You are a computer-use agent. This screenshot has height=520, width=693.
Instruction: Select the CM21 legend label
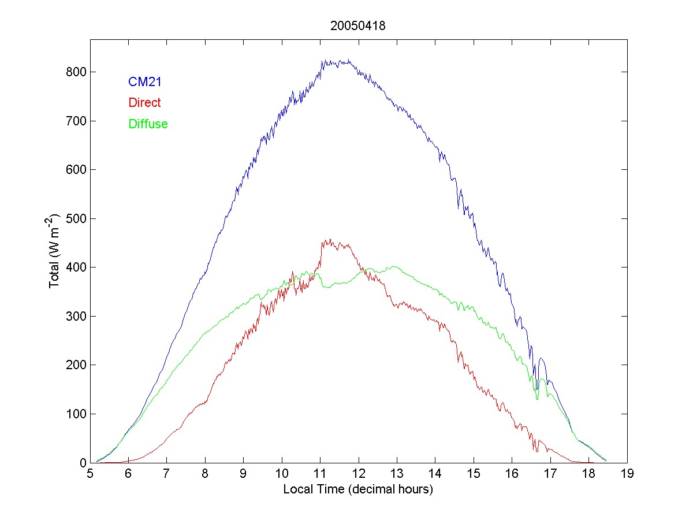point(144,82)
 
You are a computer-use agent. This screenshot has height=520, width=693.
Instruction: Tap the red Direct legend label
point(144,103)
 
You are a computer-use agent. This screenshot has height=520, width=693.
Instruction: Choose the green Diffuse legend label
point(148,124)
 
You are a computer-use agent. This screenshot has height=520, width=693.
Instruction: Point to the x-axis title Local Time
point(358,489)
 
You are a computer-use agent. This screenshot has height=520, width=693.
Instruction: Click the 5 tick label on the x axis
point(90,474)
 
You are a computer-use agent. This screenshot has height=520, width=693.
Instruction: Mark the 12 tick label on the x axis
point(359,474)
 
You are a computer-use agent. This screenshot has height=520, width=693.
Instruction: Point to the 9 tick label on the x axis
point(244,474)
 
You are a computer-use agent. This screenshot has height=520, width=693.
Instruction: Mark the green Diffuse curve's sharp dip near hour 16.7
point(537,399)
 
